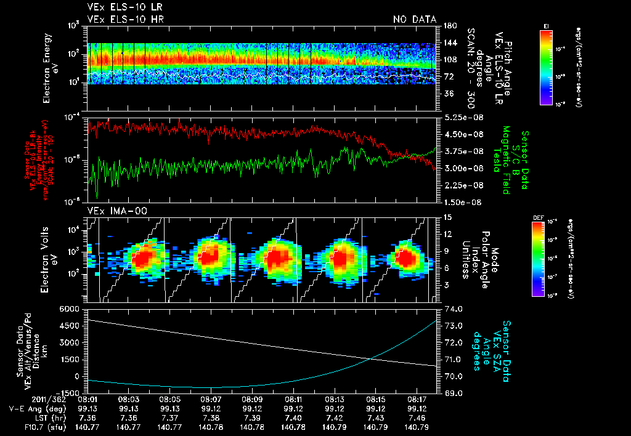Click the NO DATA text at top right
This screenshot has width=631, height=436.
pos(415,19)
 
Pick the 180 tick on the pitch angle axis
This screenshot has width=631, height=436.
pos(449,26)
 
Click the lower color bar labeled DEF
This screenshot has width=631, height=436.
pos(546,259)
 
